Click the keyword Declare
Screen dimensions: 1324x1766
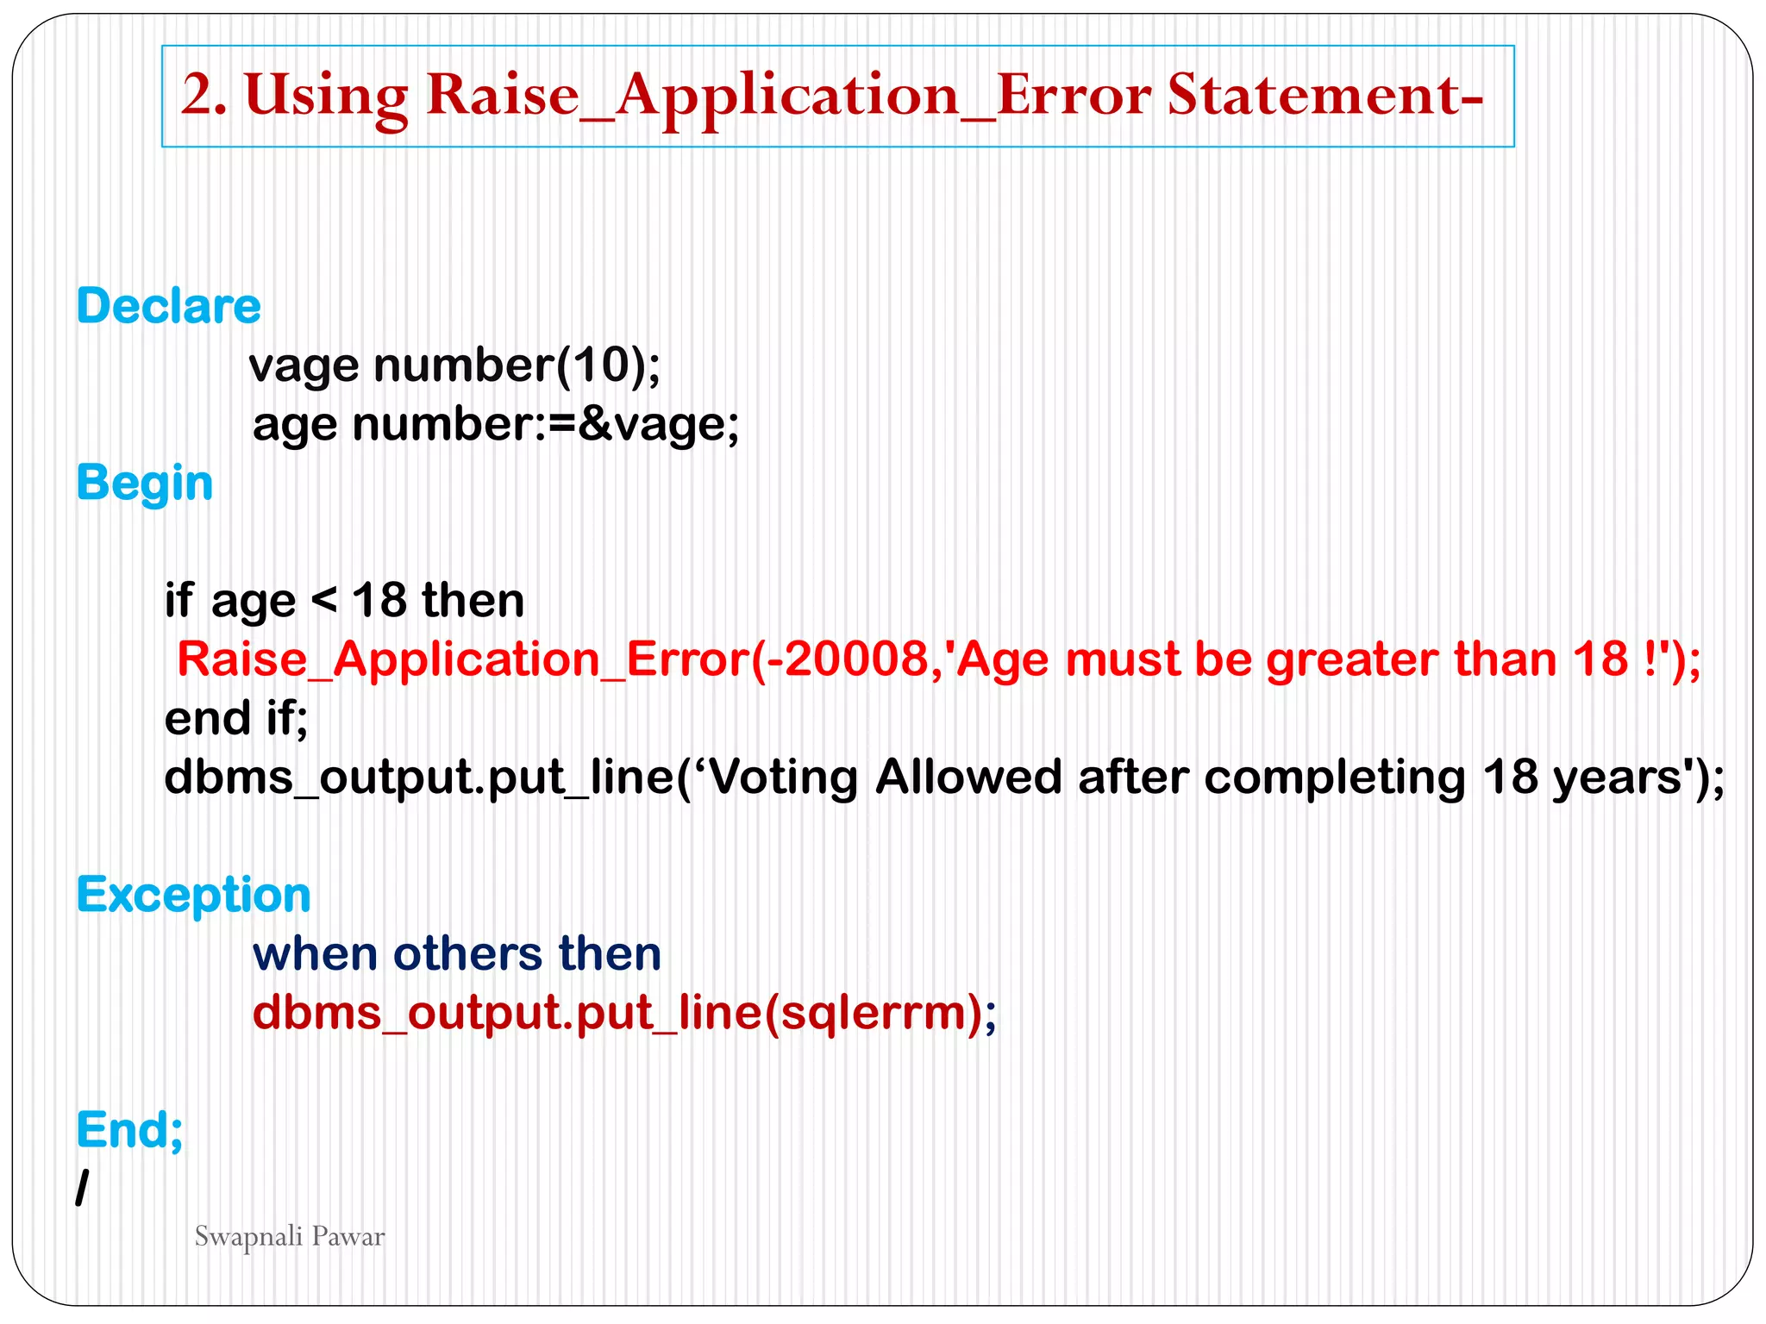coord(168,306)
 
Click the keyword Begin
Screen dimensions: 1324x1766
coord(144,483)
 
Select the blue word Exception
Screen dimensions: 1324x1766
coord(193,895)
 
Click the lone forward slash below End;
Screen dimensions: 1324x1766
coord(82,1190)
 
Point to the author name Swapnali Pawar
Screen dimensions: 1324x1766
coord(289,1237)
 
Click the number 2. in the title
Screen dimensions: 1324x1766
coord(204,95)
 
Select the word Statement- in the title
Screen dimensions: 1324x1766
coord(1324,95)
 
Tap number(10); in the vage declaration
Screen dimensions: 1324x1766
coord(517,365)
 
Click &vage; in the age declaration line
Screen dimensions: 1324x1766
coord(658,425)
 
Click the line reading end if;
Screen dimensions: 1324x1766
coord(235,718)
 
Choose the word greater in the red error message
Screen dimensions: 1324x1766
coord(1351,659)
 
